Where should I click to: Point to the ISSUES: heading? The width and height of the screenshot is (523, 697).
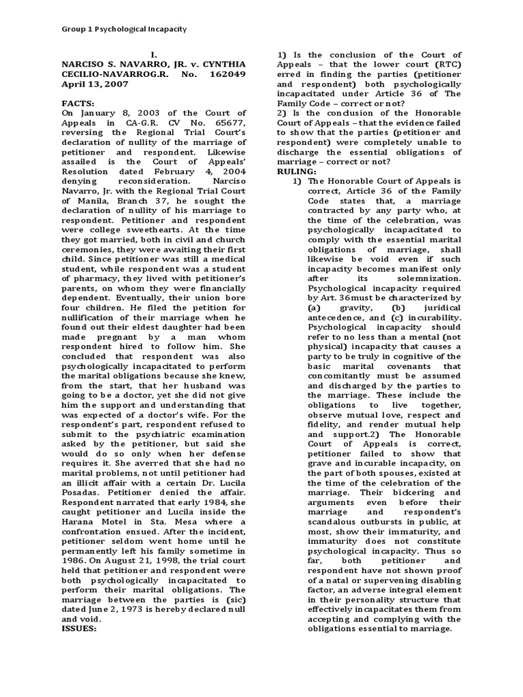[x=80, y=628]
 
